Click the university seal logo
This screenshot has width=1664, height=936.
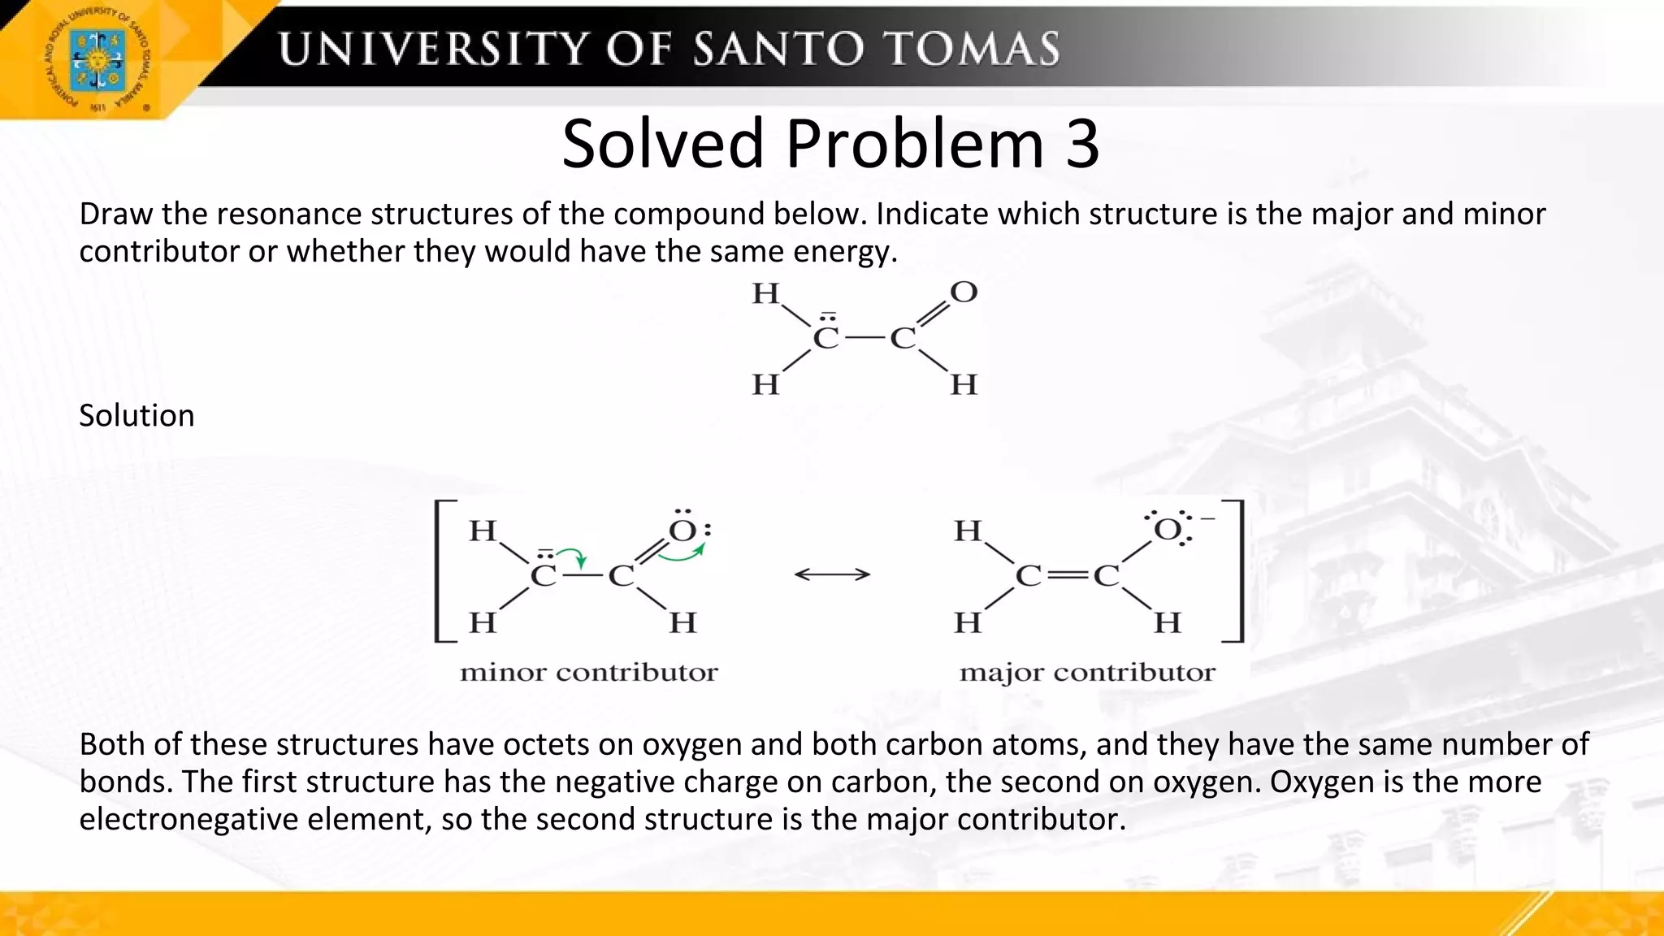pyautogui.click(x=97, y=59)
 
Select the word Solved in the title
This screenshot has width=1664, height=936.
pyautogui.click(x=663, y=144)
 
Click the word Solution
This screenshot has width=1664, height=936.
pyautogui.click(x=136, y=416)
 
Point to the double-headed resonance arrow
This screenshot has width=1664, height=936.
pyautogui.click(x=832, y=575)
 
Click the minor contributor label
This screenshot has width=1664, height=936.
pyautogui.click(x=588, y=673)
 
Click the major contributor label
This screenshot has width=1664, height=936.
pyautogui.click(x=1087, y=673)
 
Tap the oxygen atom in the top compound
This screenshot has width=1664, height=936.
pyautogui.click(x=963, y=292)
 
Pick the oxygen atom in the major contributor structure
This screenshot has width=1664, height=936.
pyautogui.click(x=1168, y=531)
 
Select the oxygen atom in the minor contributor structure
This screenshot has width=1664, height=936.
pyautogui.click(x=682, y=531)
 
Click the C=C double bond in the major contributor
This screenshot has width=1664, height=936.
pyautogui.click(x=1067, y=576)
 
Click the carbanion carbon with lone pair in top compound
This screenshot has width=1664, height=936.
pyautogui.click(x=825, y=336)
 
